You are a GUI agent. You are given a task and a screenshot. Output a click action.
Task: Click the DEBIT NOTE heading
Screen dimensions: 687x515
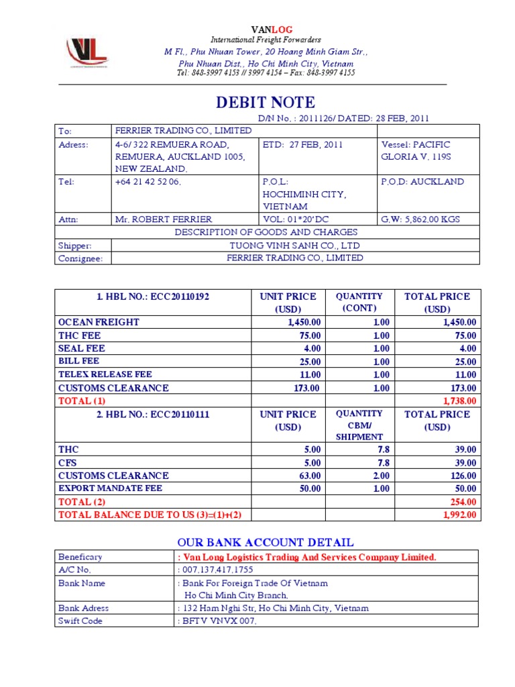pyautogui.click(x=265, y=103)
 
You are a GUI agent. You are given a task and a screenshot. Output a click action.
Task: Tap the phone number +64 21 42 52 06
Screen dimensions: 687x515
pyautogui.click(x=148, y=182)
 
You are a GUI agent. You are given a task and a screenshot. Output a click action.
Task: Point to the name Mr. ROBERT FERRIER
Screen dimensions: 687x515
pyautogui.click(x=164, y=219)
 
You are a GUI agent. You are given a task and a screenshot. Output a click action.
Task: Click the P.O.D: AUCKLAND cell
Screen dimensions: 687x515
pyautogui.click(x=422, y=182)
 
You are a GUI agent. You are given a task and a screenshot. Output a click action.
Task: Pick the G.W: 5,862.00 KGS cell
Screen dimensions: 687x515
pyautogui.click(x=420, y=219)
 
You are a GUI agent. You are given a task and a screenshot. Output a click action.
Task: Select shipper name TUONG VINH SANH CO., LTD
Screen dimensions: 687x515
pyautogui.click(x=294, y=245)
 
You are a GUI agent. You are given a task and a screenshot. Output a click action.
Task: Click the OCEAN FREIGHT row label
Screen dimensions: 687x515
pyautogui.click(x=99, y=322)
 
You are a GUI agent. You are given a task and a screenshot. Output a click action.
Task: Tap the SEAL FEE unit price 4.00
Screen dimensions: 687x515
pyautogui.click(x=312, y=348)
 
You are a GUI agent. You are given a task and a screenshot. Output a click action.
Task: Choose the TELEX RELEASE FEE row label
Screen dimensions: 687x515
pyautogui.click(x=105, y=374)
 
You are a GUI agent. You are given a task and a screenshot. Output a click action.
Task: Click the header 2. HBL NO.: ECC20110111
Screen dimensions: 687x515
pyautogui.click(x=154, y=415)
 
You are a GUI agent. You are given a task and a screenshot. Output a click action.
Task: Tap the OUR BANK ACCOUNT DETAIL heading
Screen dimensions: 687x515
pyautogui.click(x=266, y=542)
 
